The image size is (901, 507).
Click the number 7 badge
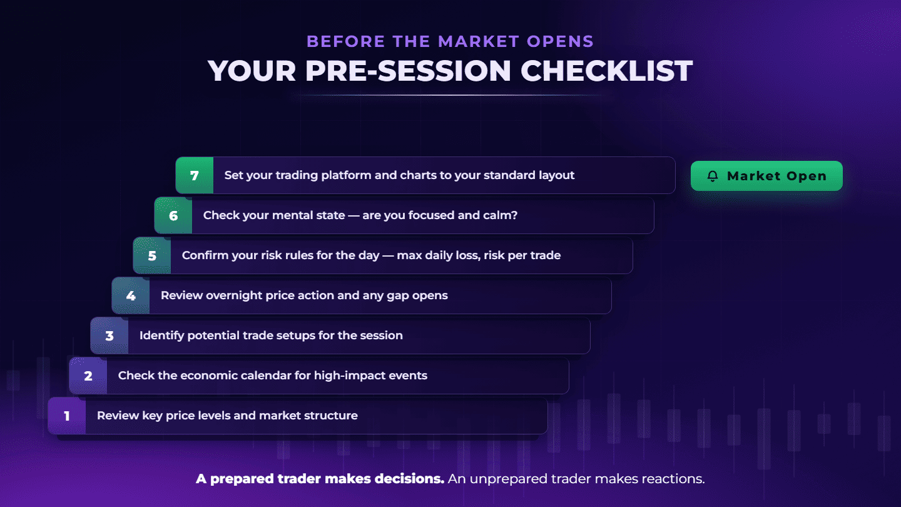pyautogui.click(x=195, y=175)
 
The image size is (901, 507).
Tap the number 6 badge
pyautogui.click(x=173, y=216)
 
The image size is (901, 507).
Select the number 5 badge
pyautogui.click(x=152, y=255)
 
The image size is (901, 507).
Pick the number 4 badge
pyautogui.click(x=131, y=295)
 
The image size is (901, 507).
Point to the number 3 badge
pyautogui.click(x=109, y=335)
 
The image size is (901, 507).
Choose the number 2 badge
pyautogui.click(x=88, y=376)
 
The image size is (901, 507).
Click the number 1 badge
pyautogui.click(x=67, y=416)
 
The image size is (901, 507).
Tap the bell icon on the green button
pyautogui.click(x=713, y=177)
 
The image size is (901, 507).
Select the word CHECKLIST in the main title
pyautogui.click(x=606, y=71)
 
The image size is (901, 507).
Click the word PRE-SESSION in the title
pyautogui.click(x=408, y=71)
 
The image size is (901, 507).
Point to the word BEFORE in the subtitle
pyautogui.click(x=346, y=41)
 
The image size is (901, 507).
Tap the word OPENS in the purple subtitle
pyautogui.click(x=561, y=41)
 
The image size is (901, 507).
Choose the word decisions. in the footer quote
pyautogui.click(x=409, y=479)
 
